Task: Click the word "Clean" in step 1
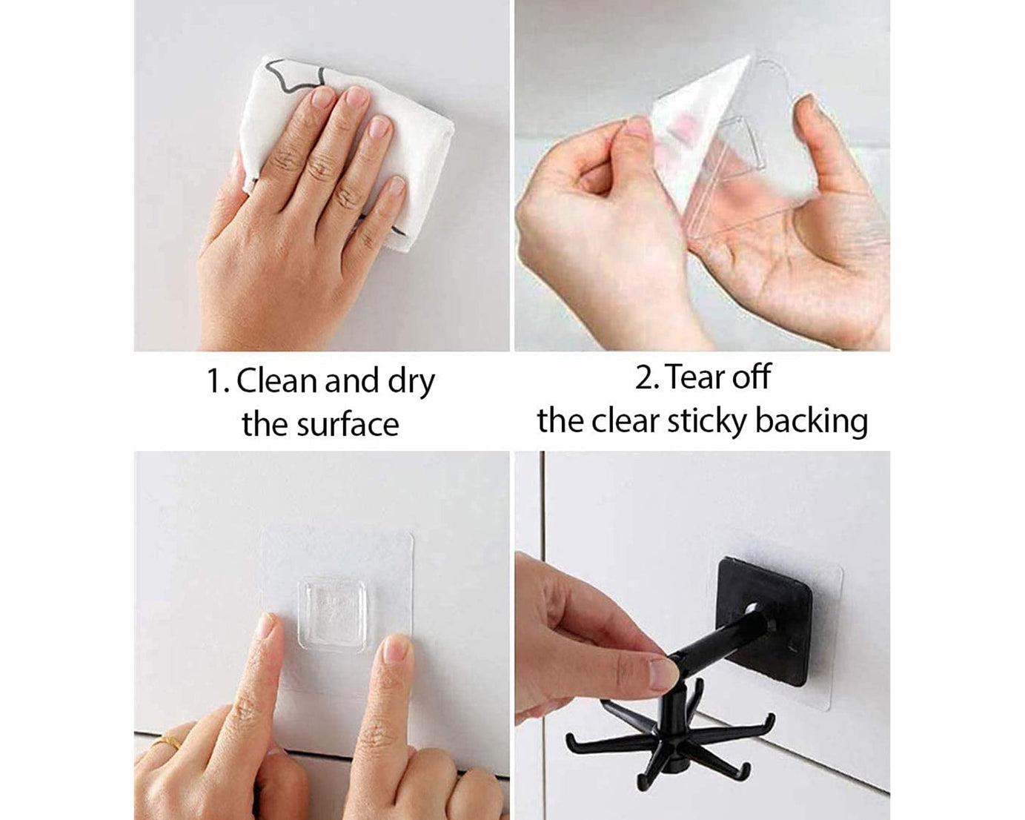pos(278,381)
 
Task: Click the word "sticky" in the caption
pos(707,421)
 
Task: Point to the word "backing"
pos(812,421)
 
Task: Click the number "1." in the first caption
pos(218,382)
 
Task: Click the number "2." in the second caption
pos(647,377)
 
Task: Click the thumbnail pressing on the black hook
pos(662,674)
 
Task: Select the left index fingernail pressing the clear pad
pos(265,626)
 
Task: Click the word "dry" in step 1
pos(411,382)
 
